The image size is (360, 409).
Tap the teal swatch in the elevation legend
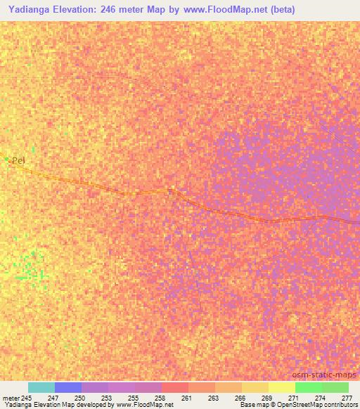pyautogui.click(x=41, y=387)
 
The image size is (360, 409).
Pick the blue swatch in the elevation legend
pyautogui.click(x=68, y=387)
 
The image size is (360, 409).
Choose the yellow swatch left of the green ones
pyautogui.click(x=281, y=387)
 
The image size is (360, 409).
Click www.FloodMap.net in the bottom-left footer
pyautogui.click(x=148, y=405)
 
